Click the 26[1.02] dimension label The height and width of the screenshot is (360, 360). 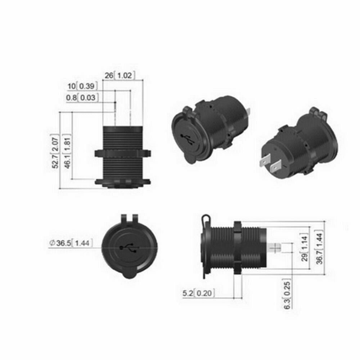[120, 75]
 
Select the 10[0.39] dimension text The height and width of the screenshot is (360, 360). [82, 86]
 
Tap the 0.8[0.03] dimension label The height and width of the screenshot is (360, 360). [82, 98]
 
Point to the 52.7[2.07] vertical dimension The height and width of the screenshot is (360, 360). [55, 151]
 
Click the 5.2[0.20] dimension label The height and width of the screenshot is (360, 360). [199, 293]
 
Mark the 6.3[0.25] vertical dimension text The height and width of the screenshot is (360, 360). [287, 294]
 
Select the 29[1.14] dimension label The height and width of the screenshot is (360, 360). [305, 248]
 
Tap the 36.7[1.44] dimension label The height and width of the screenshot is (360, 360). [320, 247]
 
